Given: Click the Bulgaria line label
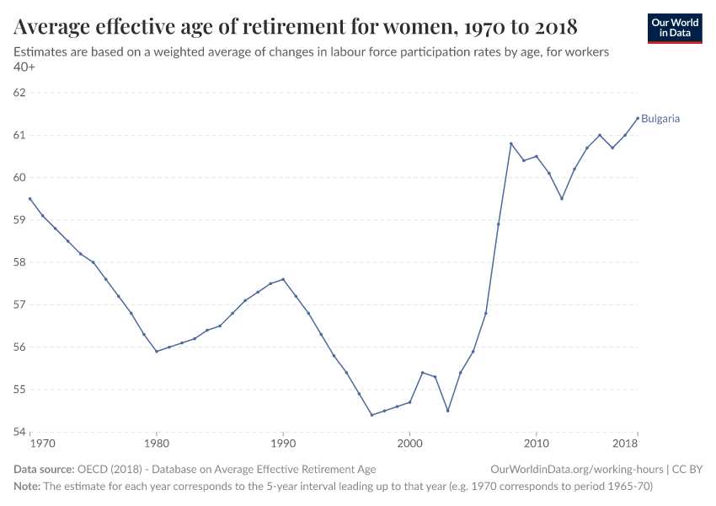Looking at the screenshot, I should pos(660,119).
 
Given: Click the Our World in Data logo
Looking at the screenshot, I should pos(674,28).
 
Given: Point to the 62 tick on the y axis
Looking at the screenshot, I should pos(20,93).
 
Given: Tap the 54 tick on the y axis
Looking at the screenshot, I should pos(20,433).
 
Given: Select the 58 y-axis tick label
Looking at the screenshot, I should pos(20,262).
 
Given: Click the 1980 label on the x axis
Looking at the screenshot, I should pos(156,443).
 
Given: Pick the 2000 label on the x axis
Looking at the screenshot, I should pos(409,443).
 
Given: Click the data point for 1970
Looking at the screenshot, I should pos(29,199).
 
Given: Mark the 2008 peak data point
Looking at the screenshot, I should pos(511,143).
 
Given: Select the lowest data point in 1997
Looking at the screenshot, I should pos(371,415).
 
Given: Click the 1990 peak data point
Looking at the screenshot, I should pos(283,279).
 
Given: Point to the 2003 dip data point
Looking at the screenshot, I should pos(447,411).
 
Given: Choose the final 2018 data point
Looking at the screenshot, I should pos(638,118).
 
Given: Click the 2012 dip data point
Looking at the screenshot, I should pos(562,199).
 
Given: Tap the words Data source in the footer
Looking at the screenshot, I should pos(43,469).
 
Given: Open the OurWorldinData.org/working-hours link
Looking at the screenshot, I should pos(576,469).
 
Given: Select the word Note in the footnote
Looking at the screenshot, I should pos(26,487).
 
